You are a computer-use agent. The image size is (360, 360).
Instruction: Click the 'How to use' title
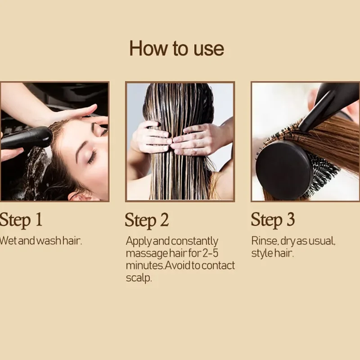click(x=176, y=49)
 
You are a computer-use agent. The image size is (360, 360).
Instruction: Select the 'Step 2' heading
click(x=147, y=220)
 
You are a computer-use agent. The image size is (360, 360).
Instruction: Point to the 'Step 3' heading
click(x=273, y=220)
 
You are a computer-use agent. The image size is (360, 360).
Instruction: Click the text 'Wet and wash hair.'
click(x=41, y=241)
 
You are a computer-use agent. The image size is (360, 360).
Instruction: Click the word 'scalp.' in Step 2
click(x=139, y=278)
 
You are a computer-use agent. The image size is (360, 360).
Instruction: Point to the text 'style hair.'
click(x=272, y=253)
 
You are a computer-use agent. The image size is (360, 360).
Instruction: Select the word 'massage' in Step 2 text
click(x=145, y=253)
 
